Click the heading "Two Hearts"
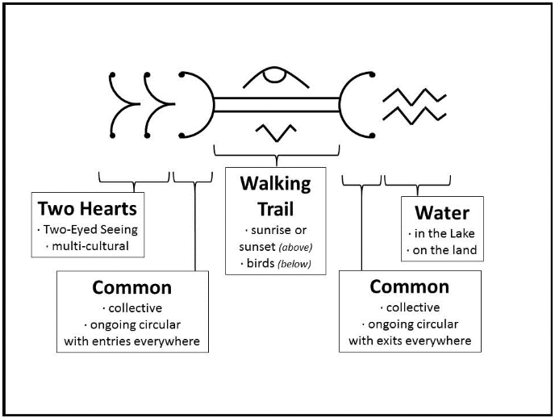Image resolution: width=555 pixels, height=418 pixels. tap(87, 208)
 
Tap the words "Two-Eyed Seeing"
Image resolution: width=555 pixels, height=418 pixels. tap(90, 230)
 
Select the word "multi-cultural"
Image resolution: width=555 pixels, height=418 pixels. tap(90, 246)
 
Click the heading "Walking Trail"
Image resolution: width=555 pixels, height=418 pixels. tap(276, 196)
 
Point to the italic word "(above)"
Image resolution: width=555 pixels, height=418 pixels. tap(295, 247)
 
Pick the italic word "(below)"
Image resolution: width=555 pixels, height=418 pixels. tap(294, 264)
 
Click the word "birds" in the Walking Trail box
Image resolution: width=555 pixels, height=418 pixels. tap(261, 263)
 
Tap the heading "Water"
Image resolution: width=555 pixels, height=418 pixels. tap(442, 213)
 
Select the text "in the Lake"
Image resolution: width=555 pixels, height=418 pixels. tap(444, 233)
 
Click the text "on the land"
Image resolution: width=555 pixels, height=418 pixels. tap(444, 250)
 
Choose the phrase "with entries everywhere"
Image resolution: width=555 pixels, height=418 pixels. tap(132, 341)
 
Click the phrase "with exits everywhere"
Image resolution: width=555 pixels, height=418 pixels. tap(410, 341)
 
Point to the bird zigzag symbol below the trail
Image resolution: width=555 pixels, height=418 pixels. tap(276, 132)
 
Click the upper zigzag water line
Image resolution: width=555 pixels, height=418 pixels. tap(415, 97)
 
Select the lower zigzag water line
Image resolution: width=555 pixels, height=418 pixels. tap(415, 115)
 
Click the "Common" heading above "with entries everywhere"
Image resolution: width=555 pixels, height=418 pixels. tap(132, 287)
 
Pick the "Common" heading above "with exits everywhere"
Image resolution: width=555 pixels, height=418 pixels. tap(410, 286)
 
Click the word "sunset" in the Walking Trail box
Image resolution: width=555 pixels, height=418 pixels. tap(257, 247)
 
